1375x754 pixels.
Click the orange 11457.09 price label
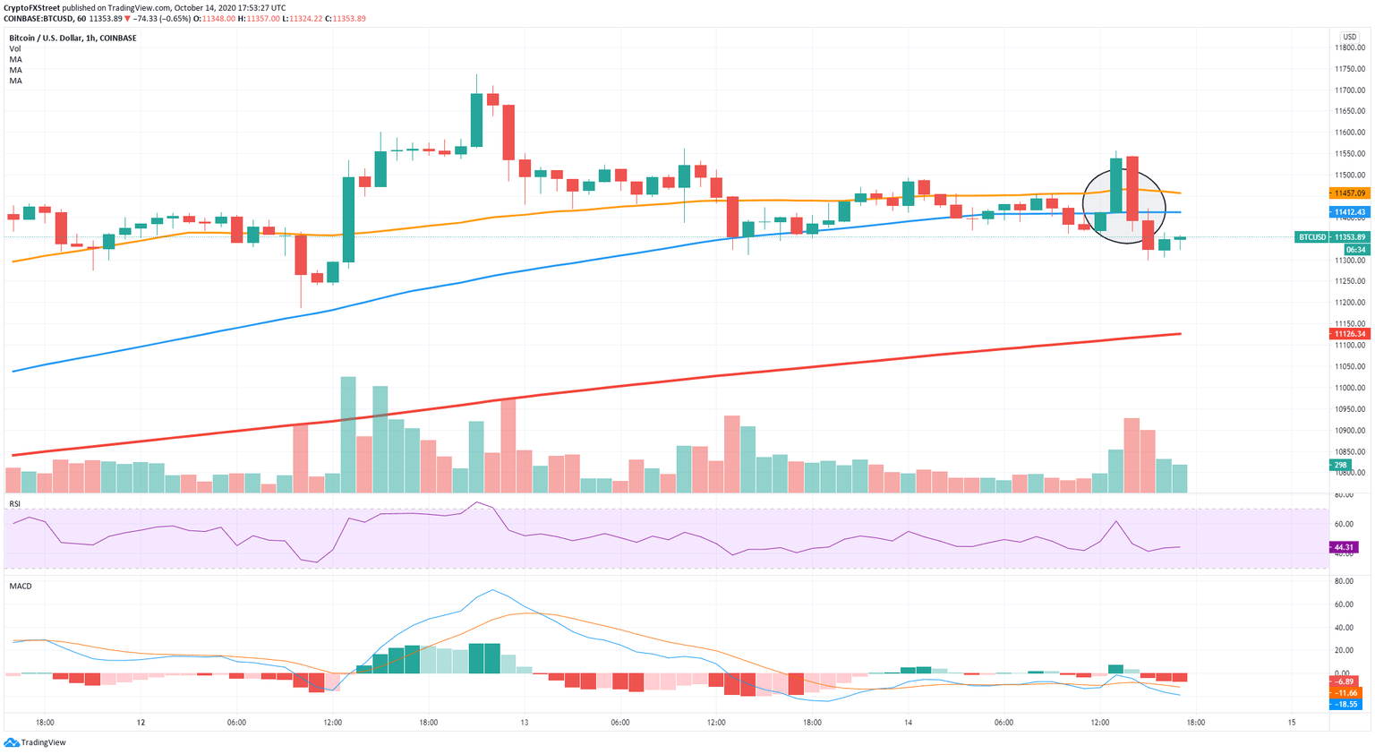coord(1349,193)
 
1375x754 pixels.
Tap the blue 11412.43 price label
coord(1349,212)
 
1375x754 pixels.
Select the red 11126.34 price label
coord(1349,334)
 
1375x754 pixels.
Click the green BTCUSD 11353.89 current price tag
coord(1333,237)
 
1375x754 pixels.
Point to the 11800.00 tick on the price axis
coord(1349,48)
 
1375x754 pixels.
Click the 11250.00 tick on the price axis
coord(1349,281)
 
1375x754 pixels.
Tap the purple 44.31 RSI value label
coord(1344,547)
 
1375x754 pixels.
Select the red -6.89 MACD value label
coord(1345,682)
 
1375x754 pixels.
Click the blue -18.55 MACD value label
coord(1345,705)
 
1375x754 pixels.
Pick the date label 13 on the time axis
coord(524,723)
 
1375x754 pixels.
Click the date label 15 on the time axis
coord(1291,723)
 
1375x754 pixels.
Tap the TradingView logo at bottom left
coord(35,742)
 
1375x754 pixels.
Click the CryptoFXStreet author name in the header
coord(31,7)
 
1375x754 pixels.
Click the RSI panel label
coord(14,504)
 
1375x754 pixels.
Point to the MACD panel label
coord(20,586)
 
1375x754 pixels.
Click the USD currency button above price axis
coord(1349,37)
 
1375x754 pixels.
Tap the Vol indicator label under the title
coord(15,49)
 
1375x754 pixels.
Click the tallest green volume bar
coord(348,434)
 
